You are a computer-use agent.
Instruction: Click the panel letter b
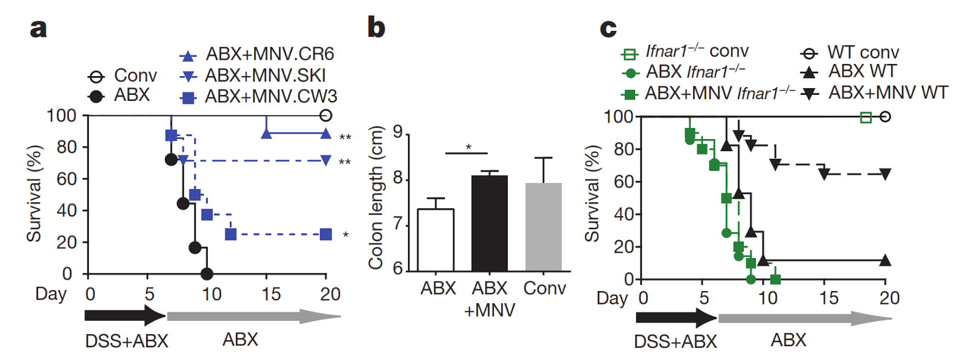coord(376,28)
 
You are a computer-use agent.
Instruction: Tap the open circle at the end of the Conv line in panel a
coord(326,115)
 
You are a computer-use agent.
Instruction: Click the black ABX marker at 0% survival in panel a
coord(206,274)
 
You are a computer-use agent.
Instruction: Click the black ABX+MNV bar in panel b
coord(489,223)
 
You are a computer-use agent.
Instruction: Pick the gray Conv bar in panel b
coord(543,227)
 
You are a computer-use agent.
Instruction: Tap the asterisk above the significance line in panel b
coord(468,147)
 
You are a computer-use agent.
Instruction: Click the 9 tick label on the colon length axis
coord(397,132)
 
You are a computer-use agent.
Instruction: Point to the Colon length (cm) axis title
coord(376,197)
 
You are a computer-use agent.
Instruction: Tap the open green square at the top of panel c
coord(866,117)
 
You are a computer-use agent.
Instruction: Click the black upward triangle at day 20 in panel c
coord(885,261)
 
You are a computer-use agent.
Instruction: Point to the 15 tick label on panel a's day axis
coord(271,294)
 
